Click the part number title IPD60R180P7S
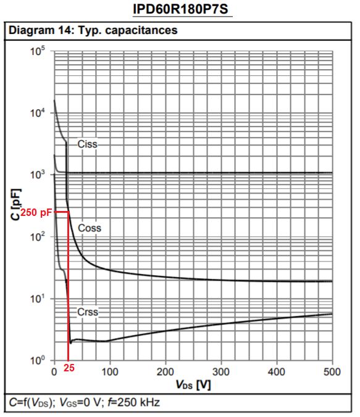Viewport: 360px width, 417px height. [179, 10]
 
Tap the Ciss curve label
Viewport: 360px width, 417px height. [87, 144]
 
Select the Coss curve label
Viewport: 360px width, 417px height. [89, 228]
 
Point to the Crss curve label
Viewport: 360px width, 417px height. [88, 312]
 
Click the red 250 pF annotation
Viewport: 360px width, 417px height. [35, 212]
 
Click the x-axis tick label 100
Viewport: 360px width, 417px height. [110, 372]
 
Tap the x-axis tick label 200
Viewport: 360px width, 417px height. [165, 372]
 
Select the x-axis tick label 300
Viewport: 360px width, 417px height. [221, 372]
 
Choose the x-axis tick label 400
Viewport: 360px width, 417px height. [277, 372]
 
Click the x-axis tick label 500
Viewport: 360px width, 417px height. [332, 372]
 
